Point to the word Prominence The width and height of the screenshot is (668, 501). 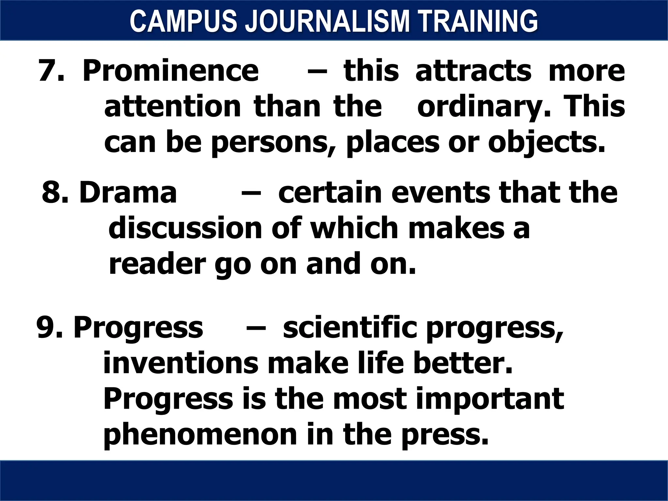coord(171,71)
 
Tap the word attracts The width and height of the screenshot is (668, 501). coord(473,71)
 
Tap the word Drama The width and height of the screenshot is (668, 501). coord(128,192)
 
